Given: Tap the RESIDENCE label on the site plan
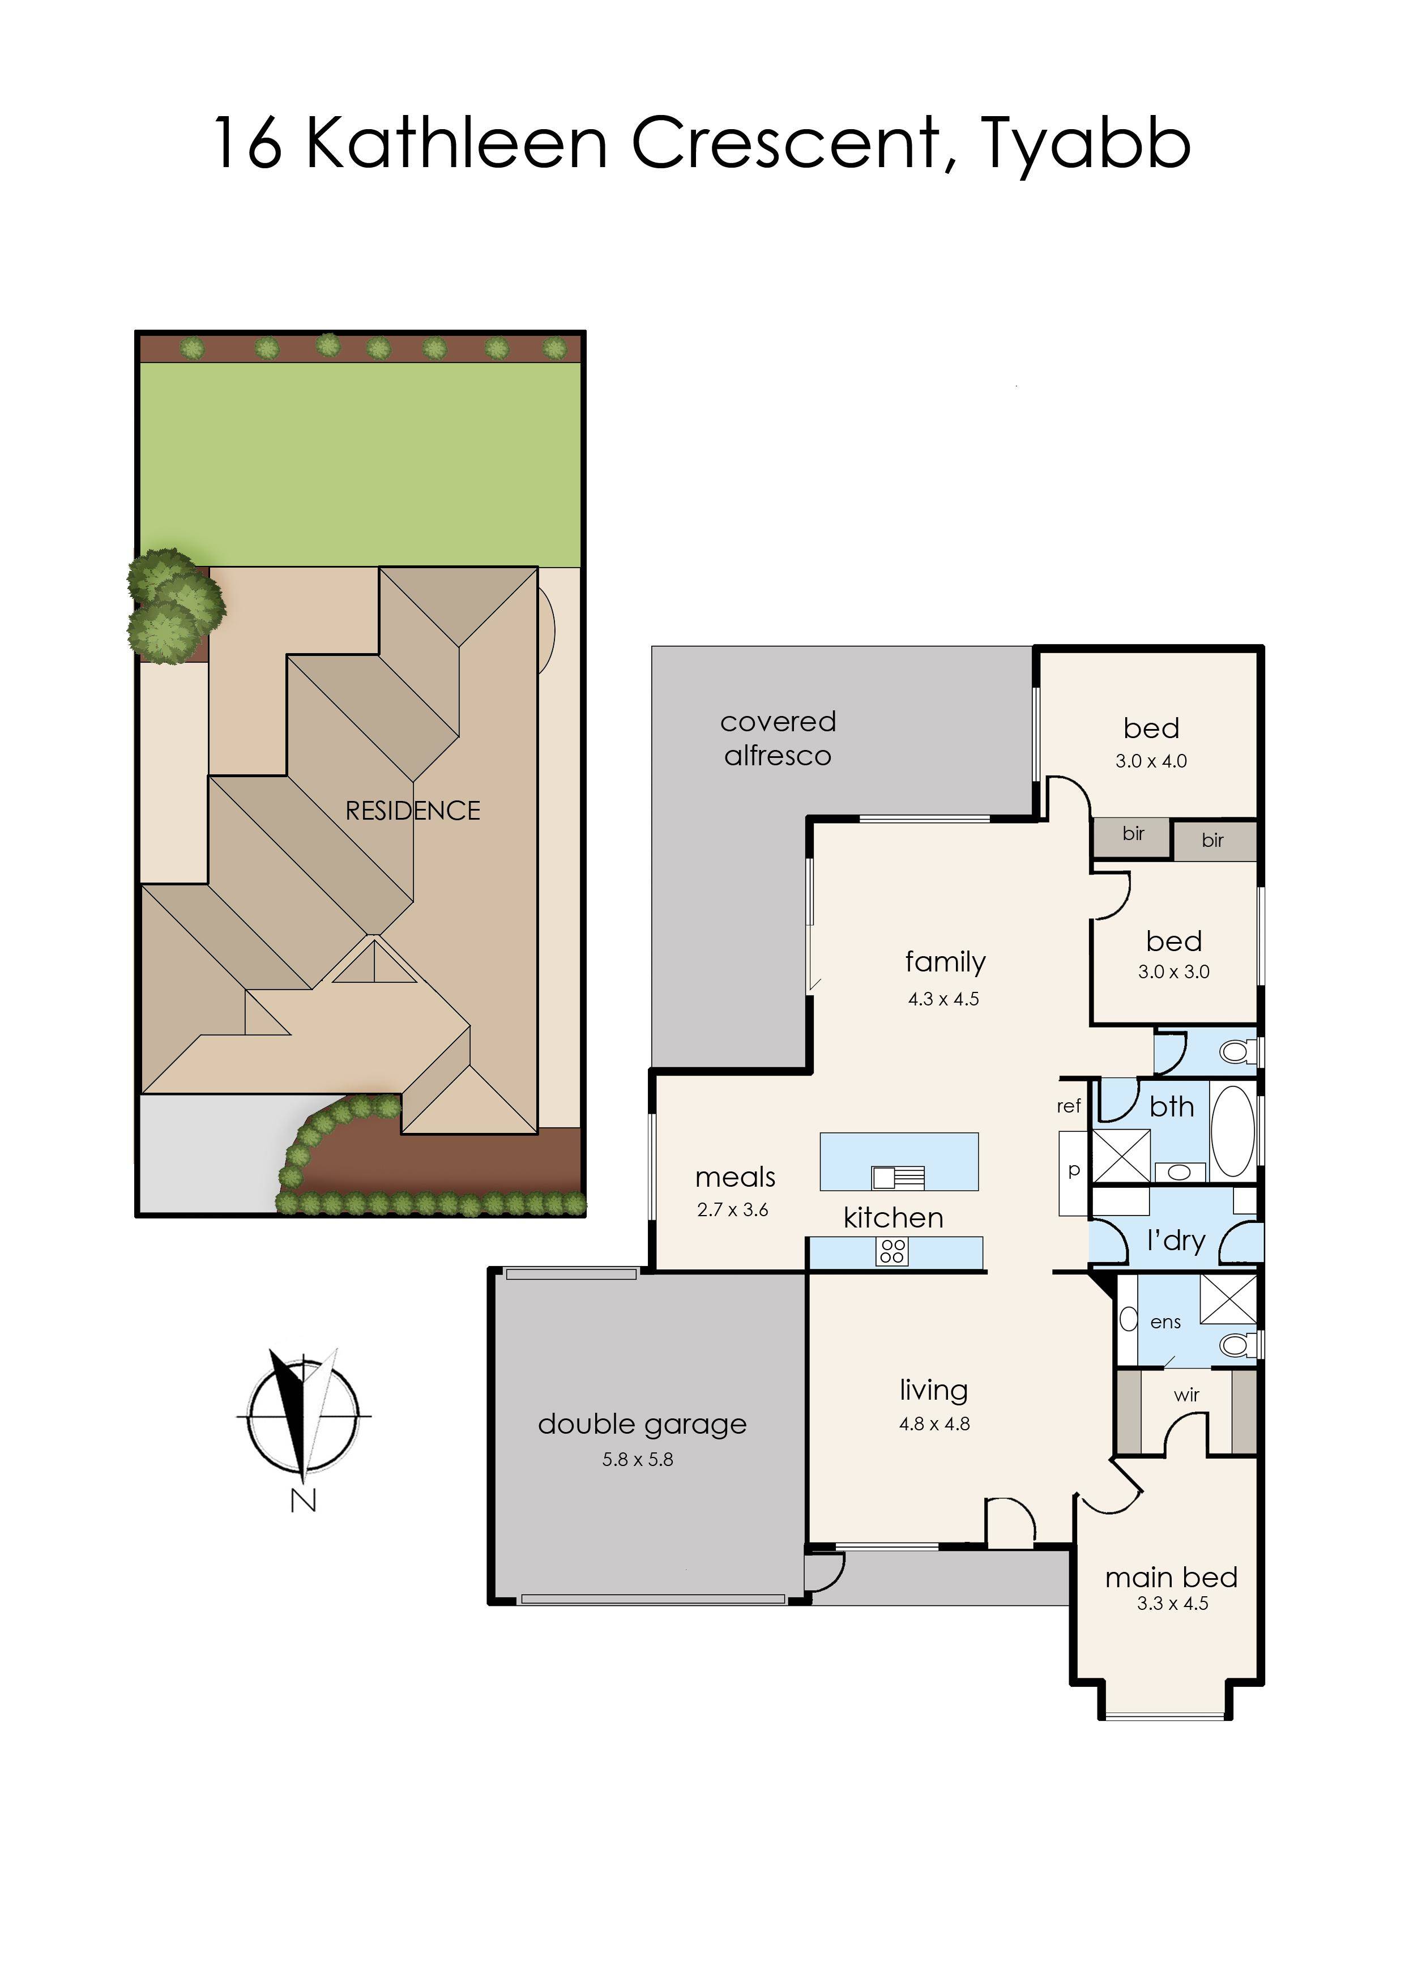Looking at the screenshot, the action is click(413, 811).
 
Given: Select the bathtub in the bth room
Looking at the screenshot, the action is click(1233, 1130).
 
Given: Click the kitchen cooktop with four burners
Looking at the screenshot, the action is click(892, 1251).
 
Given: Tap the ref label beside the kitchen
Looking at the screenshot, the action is click(1069, 1106).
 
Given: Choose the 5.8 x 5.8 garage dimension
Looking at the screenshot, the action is click(638, 1459).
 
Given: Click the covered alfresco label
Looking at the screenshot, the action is click(778, 738).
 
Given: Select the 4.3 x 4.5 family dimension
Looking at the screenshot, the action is click(944, 999).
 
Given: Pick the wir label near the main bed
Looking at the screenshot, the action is click(1187, 1395).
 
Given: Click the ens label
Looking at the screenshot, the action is click(1165, 1322).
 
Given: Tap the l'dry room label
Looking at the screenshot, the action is click(1176, 1242).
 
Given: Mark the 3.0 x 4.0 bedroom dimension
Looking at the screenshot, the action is click(1151, 761).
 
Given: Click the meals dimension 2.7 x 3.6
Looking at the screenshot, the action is click(733, 1210).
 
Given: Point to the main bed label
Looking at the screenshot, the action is click(1172, 1578).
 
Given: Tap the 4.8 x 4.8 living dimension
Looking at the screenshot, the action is click(934, 1424).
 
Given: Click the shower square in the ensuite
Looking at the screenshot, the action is click(1228, 1299).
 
